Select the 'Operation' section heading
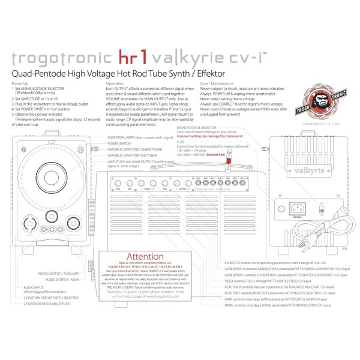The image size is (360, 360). tap(115, 83)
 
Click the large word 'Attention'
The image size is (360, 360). tap(145, 257)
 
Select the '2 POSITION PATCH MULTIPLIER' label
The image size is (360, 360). tap(47, 304)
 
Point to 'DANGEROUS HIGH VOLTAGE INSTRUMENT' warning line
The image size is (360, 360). tap(145, 267)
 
